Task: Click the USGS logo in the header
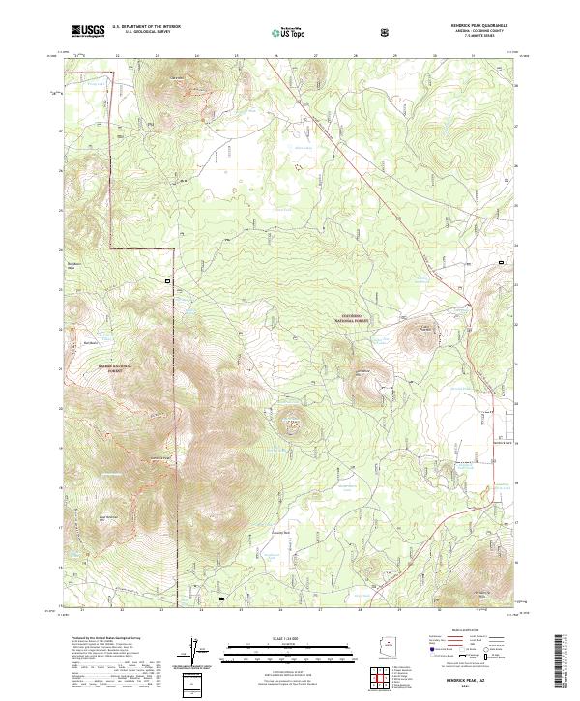[x=89, y=31]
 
